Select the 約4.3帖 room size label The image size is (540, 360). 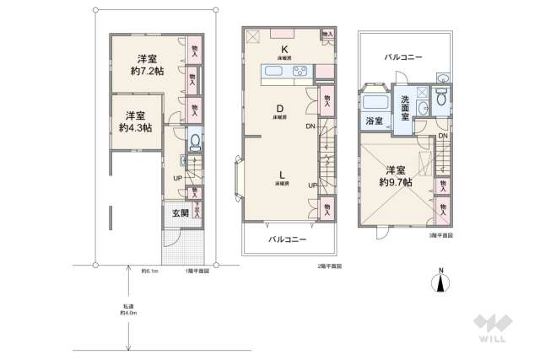coord(136,127)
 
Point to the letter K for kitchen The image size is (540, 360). coord(286,49)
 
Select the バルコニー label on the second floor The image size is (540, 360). coord(288,239)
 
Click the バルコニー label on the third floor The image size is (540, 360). coord(402,57)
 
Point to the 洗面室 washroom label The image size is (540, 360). coord(405,109)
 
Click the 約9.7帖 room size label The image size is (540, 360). coord(396,181)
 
